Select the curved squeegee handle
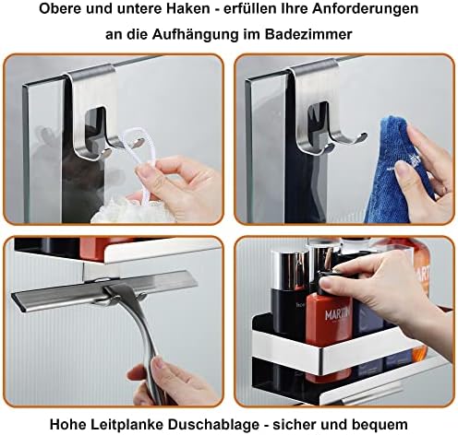tap(145, 338)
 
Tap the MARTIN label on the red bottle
tap(337, 314)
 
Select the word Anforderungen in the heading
tap(366, 9)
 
